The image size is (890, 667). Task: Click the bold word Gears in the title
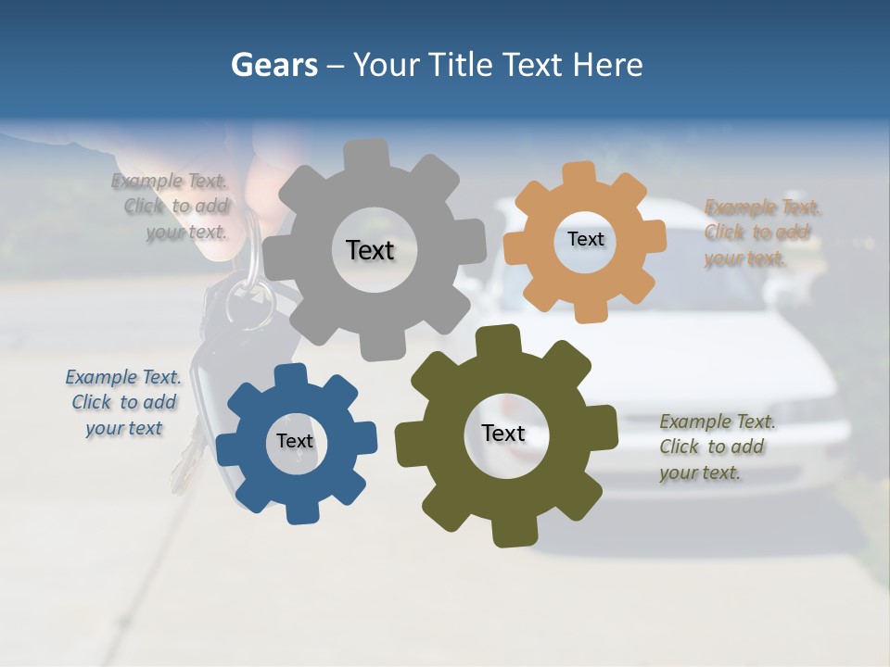point(274,65)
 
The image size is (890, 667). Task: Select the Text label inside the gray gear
point(370,250)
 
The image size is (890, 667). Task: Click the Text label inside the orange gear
point(585,239)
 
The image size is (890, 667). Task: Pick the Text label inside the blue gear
point(295,442)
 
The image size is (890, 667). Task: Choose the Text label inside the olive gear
point(502,434)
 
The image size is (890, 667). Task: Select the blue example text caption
point(124,403)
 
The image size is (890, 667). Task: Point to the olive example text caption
point(717,447)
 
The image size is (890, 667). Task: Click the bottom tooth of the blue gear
point(299,510)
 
